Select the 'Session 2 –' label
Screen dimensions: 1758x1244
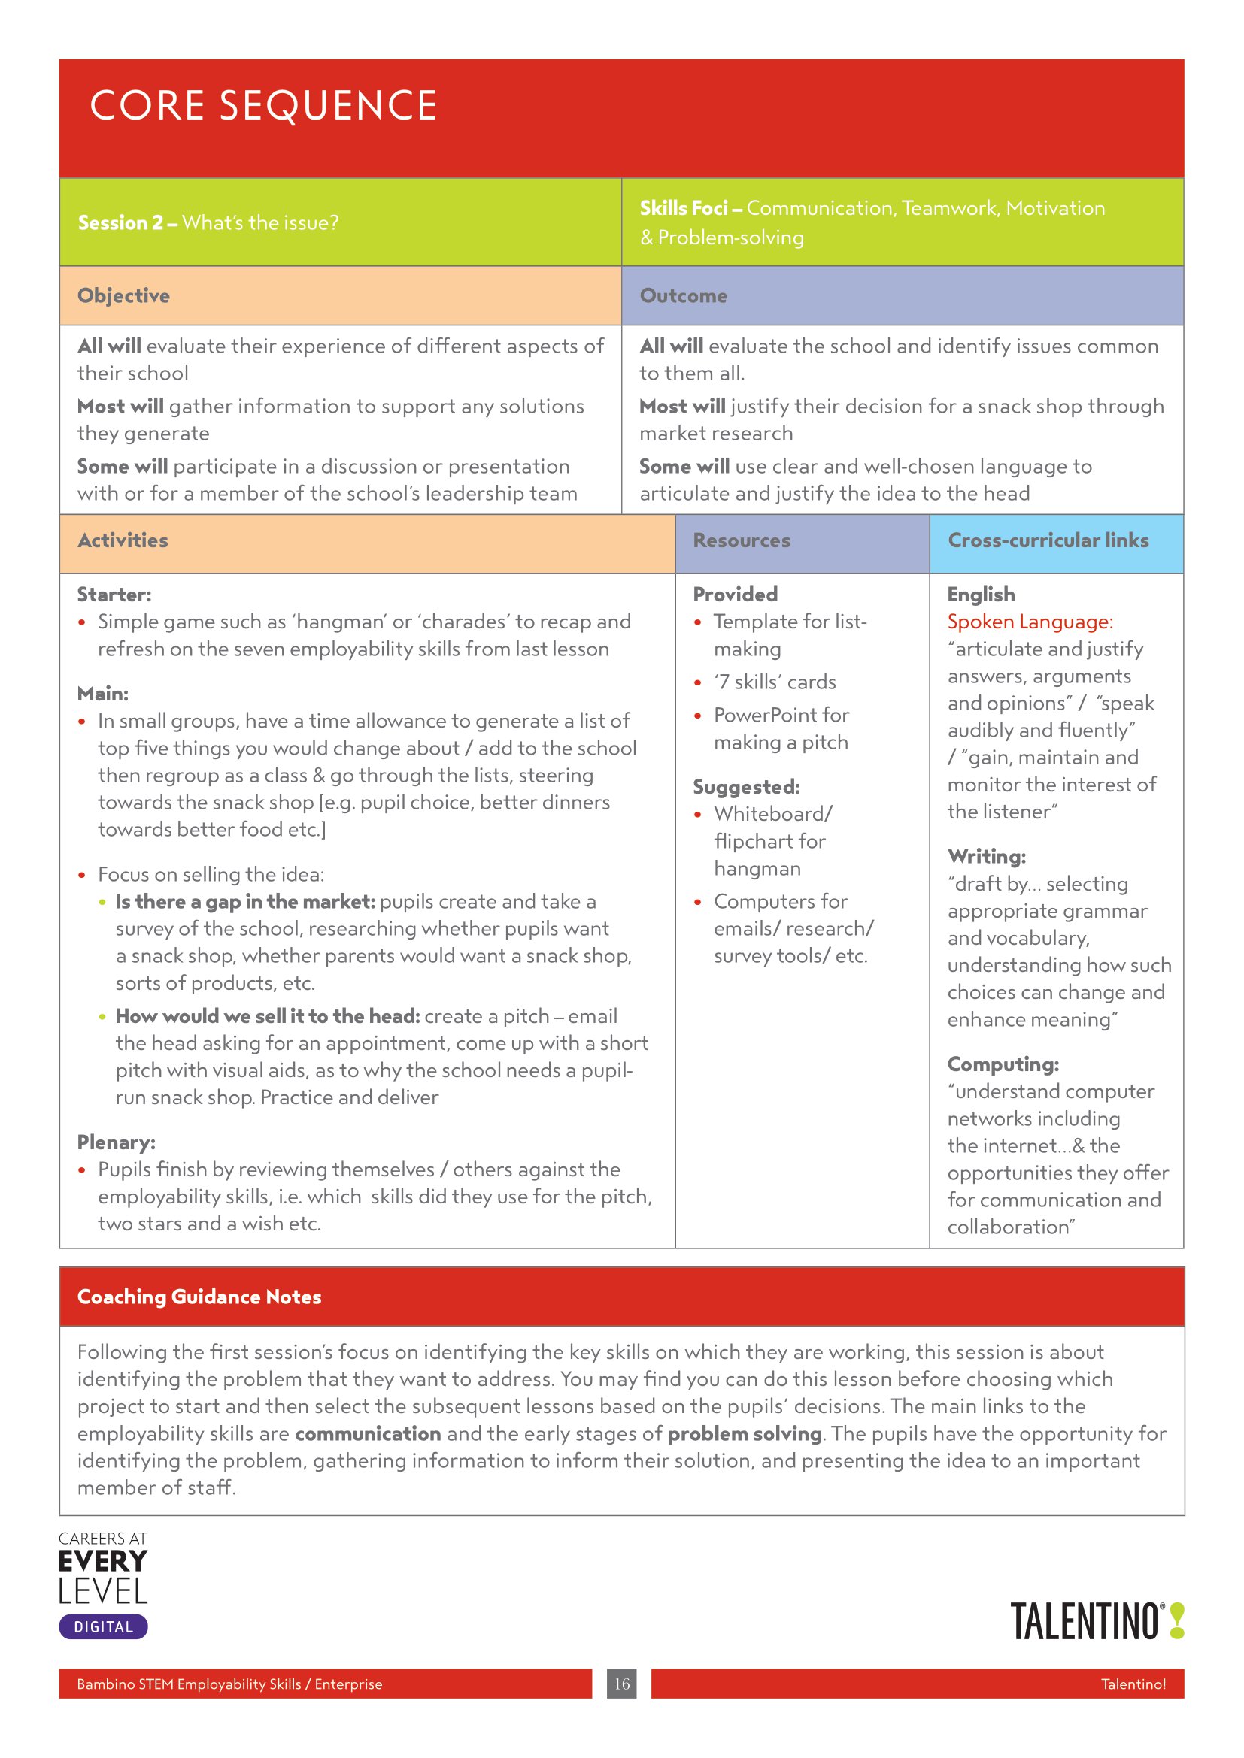pos(127,222)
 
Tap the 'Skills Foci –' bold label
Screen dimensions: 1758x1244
pos(690,208)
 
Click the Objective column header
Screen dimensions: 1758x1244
pos(123,295)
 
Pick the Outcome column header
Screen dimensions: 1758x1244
pos(683,295)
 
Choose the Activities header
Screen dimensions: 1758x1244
pos(123,540)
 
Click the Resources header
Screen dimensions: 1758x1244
pos(741,540)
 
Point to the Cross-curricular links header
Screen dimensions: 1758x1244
pos(1048,540)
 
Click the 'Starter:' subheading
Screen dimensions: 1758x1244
pos(114,595)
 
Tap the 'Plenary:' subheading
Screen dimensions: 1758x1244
pos(117,1142)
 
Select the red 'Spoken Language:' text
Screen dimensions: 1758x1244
pos(1030,622)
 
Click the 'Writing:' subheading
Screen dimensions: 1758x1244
pos(986,856)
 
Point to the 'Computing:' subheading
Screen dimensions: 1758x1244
pos(1003,1064)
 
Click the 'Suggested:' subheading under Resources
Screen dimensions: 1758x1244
pos(746,786)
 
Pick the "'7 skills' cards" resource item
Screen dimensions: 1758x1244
pos(775,682)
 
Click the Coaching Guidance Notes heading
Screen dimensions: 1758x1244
pos(199,1297)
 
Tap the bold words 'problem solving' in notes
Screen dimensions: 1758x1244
pos(745,1433)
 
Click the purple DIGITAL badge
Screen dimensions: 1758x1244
pos(103,1627)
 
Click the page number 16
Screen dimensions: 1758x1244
pos(621,1684)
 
